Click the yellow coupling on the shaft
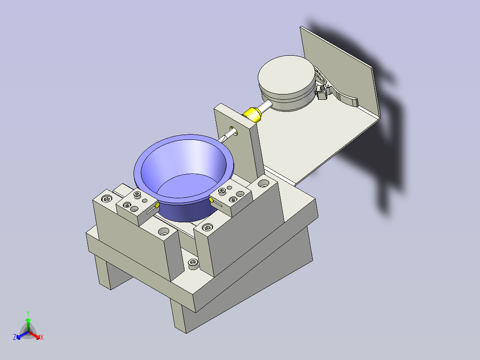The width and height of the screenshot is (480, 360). pyautogui.click(x=252, y=115)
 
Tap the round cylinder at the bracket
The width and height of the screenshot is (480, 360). pyautogui.click(x=287, y=83)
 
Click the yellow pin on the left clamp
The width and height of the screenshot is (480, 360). pyautogui.click(x=157, y=205)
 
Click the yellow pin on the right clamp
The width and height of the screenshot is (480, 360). pyautogui.click(x=211, y=200)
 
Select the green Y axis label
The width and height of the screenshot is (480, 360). pyautogui.click(x=28, y=313)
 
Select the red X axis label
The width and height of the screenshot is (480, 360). pyautogui.click(x=42, y=337)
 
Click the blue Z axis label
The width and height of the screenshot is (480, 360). pyautogui.click(x=15, y=337)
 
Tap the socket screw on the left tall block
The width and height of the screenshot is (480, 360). pyautogui.click(x=106, y=199)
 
